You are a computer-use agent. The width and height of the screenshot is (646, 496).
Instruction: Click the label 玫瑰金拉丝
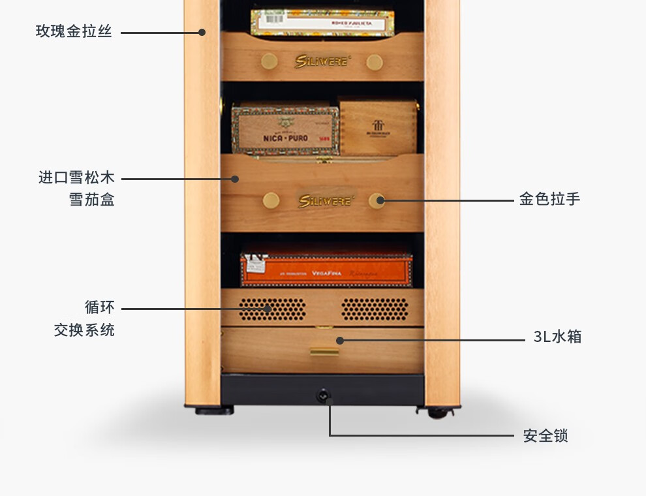tap(74, 31)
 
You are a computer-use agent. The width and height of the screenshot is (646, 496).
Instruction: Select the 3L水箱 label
tap(557, 337)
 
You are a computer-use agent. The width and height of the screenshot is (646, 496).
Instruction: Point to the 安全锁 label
tap(546, 436)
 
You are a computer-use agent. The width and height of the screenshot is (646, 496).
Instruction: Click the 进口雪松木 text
tap(76, 178)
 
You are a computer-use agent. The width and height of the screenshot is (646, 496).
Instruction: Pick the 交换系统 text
tap(84, 330)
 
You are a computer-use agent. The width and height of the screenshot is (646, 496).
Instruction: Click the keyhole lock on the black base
tap(322, 395)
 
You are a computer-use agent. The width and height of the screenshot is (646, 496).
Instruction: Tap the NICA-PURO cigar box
tap(285, 130)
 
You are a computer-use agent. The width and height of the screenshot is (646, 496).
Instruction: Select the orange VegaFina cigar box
tap(326, 269)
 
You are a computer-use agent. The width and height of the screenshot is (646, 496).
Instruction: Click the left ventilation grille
tap(271, 309)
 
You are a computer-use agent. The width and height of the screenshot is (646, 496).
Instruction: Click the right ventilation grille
tap(375, 309)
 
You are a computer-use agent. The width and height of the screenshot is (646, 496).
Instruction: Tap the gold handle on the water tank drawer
tap(324, 351)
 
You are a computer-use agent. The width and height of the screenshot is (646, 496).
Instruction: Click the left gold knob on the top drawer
tap(269, 62)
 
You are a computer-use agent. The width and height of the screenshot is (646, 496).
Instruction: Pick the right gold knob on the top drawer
tap(374, 63)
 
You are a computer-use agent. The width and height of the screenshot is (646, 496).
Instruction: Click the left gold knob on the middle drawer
tap(271, 200)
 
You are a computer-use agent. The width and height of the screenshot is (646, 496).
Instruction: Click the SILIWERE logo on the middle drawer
tap(323, 200)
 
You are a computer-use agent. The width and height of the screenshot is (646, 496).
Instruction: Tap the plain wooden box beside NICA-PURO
tap(378, 127)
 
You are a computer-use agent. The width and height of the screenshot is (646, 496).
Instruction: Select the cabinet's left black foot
tap(213, 411)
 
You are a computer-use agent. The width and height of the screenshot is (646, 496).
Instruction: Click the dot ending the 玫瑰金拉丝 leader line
tap(202, 32)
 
